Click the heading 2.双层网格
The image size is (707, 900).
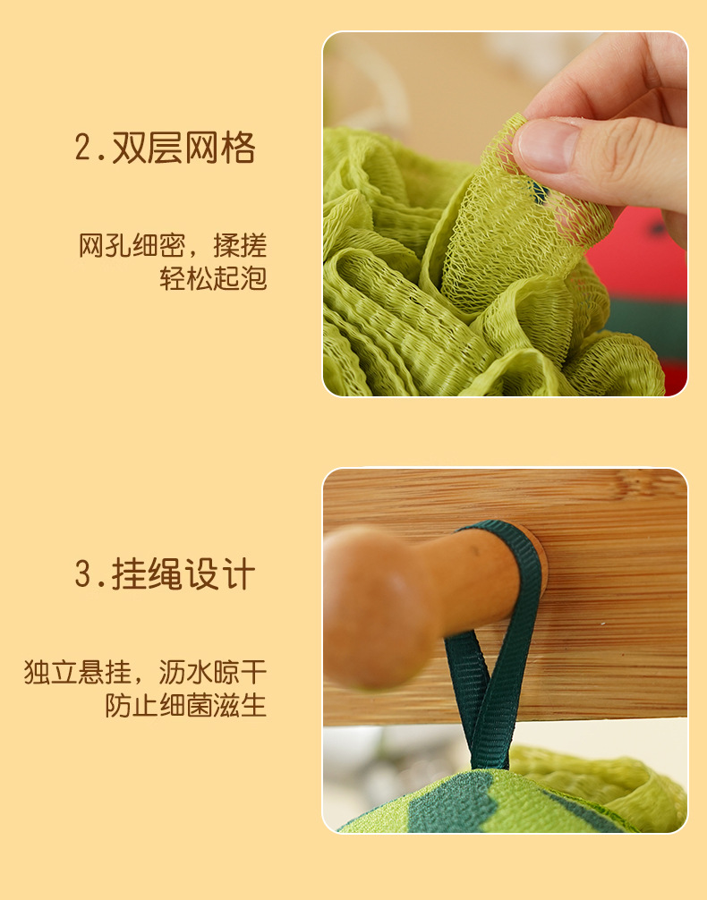(x=165, y=149)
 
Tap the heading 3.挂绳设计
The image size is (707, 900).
(x=165, y=574)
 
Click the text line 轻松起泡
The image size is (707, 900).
(x=213, y=278)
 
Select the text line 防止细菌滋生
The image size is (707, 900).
(x=185, y=706)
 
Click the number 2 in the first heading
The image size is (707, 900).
(x=83, y=149)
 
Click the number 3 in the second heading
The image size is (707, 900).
(x=83, y=574)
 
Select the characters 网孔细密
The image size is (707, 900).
(x=132, y=246)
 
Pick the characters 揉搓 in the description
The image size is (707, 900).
(x=240, y=246)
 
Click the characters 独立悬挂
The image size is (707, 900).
(x=78, y=672)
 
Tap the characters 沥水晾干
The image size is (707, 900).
(x=212, y=672)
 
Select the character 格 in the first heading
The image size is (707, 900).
(x=237, y=149)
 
